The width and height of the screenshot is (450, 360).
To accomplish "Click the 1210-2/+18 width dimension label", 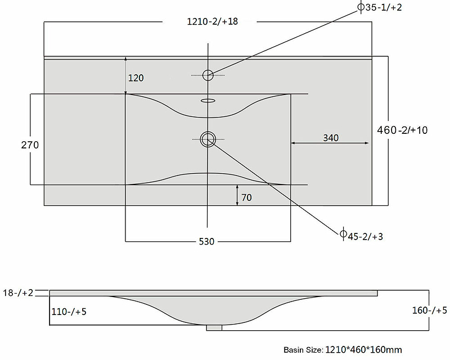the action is (x=213, y=21).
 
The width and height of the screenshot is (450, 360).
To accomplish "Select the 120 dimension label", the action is (x=136, y=78).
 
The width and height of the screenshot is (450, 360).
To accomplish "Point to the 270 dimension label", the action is (x=30, y=145).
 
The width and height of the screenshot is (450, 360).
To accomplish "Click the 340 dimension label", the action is (x=331, y=138).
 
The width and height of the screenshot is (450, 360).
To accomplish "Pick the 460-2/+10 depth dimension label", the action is (x=402, y=130).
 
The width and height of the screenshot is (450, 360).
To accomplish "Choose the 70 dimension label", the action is (x=246, y=197).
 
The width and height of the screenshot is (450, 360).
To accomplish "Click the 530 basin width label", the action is (x=206, y=241).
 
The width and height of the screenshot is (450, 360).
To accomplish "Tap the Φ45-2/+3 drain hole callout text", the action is (x=362, y=236).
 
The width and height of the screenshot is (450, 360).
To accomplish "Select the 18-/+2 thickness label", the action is (x=18, y=293).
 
